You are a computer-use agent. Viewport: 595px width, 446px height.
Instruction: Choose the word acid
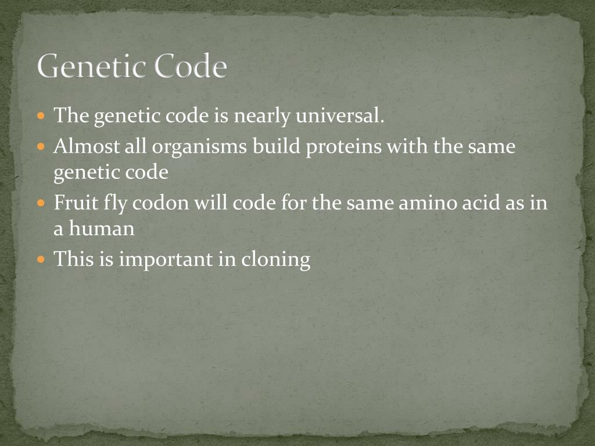pos(480,203)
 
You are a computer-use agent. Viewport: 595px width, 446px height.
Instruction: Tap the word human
pos(102,228)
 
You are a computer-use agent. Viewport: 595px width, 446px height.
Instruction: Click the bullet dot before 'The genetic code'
pos(41,117)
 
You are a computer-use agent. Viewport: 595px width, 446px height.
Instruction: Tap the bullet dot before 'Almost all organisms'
pos(41,147)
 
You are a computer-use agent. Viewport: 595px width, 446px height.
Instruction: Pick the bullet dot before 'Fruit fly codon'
pos(41,204)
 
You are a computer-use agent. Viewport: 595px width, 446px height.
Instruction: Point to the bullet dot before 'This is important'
pos(41,259)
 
